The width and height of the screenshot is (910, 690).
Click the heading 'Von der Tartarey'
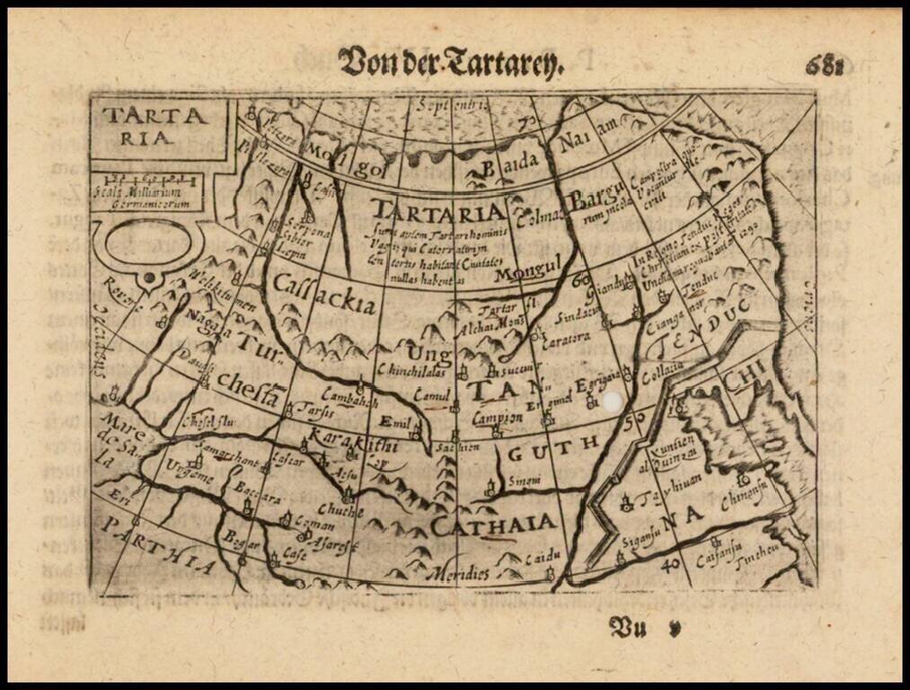pyautogui.click(x=450, y=63)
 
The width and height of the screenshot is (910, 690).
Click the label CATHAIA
pyautogui.click(x=492, y=525)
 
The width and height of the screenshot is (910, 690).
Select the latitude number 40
pyautogui.click(x=667, y=563)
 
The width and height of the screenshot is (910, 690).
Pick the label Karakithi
pyautogui.click(x=347, y=440)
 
